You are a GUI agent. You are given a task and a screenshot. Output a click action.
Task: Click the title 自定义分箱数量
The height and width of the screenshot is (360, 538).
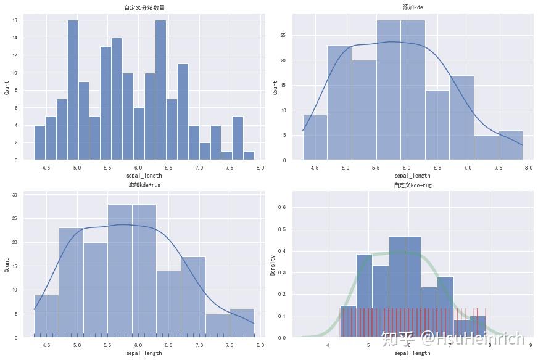point(144,8)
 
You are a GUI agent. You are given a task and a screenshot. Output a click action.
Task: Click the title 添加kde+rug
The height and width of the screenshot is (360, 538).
point(144,185)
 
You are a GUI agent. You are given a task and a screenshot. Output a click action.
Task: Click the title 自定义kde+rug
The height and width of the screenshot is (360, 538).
point(412,185)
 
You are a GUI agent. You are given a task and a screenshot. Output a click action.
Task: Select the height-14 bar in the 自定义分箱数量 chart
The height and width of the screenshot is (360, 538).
point(117,99)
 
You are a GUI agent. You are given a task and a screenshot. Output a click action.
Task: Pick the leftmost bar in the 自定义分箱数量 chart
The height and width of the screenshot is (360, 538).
point(39,142)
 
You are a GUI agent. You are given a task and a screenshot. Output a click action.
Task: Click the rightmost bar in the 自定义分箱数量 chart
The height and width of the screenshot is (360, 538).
point(249,155)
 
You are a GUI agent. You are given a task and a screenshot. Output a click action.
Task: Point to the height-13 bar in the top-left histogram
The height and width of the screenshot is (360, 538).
point(106,103)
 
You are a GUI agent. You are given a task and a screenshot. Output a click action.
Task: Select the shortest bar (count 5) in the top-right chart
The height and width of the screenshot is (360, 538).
point(486,147)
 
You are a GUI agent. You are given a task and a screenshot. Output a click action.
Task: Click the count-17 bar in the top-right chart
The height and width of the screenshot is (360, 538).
point(461,117)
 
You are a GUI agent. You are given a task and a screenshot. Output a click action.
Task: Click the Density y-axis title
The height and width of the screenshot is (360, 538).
point(273,264)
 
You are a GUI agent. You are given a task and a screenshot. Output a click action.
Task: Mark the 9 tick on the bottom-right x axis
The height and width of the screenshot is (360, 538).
point(530,346)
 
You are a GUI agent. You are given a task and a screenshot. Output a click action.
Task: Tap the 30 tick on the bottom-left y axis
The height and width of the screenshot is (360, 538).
point(15,195)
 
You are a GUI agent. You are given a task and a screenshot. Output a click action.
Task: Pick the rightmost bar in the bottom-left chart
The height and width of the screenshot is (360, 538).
point(241,323)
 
